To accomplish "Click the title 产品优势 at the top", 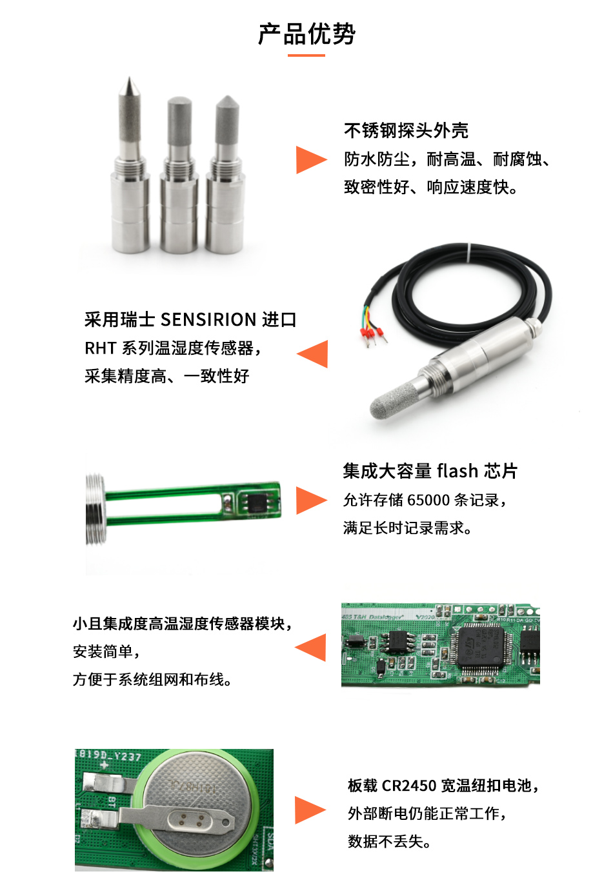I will point(306,34).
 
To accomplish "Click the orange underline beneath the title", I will point(306,55).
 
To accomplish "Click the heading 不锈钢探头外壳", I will point(406,130).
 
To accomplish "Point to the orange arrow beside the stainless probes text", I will point(310,160).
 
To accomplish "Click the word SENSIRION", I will point(208,319).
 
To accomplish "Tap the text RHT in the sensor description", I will point(100,348).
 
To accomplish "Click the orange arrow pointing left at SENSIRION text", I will point(314,354).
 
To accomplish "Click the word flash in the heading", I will point(457,471).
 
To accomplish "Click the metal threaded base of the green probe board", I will point(95,510).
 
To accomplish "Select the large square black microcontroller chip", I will point(483,646).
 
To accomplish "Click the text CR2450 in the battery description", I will point(409,785).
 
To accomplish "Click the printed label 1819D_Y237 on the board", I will point(108,755).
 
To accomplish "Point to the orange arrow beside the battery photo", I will point(310,810).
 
